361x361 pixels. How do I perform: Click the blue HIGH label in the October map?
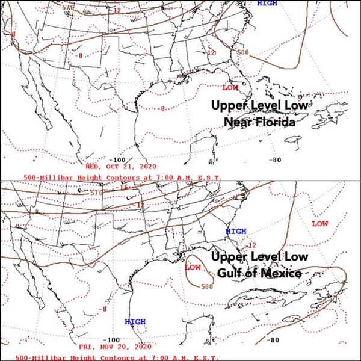[x=267, y=4]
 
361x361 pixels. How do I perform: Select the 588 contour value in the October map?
[x=244, y=52]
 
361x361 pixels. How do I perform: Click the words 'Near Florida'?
[x=261, y=123]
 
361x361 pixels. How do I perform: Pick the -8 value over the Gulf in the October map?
[x=162, y=109]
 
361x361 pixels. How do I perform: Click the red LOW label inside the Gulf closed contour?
[x=193, y=267]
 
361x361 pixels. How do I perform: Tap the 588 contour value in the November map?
[x=206, y=286]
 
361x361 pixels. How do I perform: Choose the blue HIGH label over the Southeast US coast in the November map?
[x=236, y=231]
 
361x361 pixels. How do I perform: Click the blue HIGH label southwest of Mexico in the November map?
[x=135, y=322]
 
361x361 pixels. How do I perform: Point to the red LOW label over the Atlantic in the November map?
[x=319, y=224]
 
